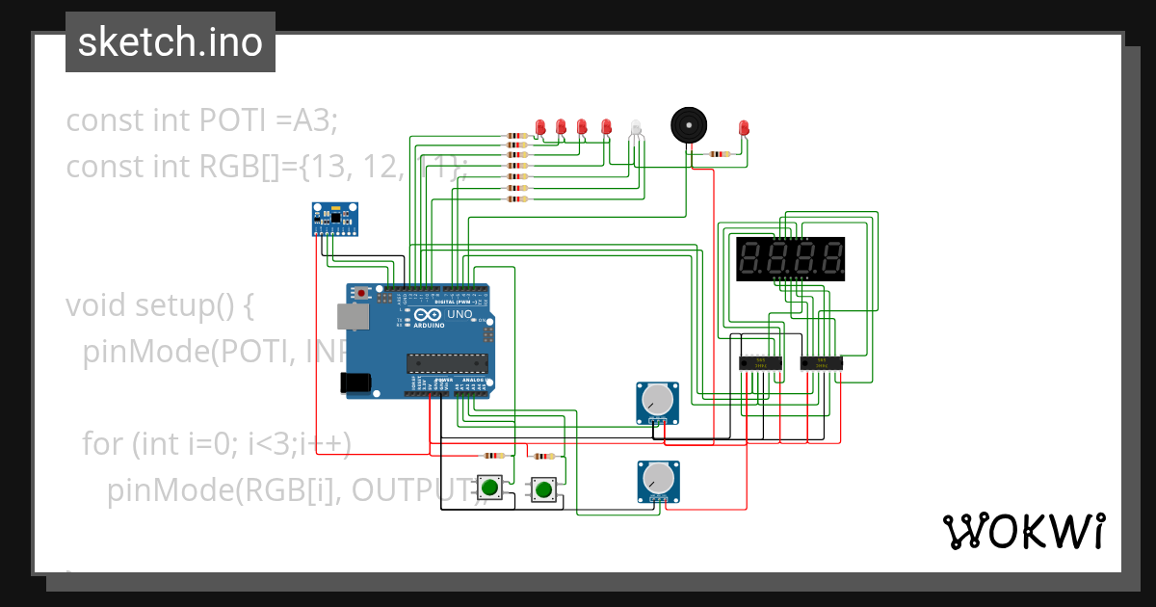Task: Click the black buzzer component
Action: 687,125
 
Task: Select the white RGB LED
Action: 634,128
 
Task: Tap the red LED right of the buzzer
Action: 743,127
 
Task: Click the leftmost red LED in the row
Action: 540,126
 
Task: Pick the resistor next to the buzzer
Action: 719,153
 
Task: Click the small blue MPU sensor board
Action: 334,218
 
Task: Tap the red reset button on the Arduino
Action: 361,292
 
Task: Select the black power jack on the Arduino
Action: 355,382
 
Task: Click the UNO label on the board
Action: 459,314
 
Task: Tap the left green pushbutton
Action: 489,488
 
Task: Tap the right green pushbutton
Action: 543,489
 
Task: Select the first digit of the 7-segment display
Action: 751,258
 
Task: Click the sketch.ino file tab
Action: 171,42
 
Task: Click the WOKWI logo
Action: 1023,531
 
